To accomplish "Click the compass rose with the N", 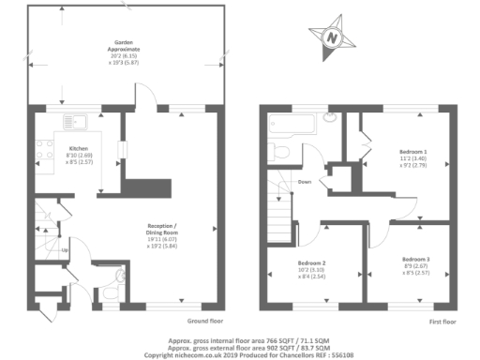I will click(331, 37).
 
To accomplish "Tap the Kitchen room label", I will click(78, 148).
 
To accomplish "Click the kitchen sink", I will click(74, 119).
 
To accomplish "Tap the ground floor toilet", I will click(110, 293).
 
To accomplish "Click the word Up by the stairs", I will click(64, 250).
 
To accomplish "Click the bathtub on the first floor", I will click(292, 121).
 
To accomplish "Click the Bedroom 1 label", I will click(413, 151).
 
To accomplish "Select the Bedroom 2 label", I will click(311, 262).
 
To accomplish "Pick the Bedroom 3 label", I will click(415, 259).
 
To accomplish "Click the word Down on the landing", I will click(304, 181).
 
